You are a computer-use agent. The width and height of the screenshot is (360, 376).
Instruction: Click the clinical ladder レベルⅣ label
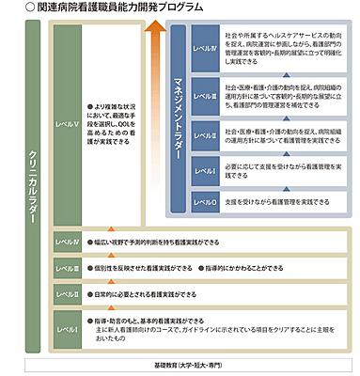coord(67,241)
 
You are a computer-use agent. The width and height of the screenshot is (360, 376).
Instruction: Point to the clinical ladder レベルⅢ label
coord(67,267)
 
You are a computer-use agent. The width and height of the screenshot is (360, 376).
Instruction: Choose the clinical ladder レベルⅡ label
coord(67,293)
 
